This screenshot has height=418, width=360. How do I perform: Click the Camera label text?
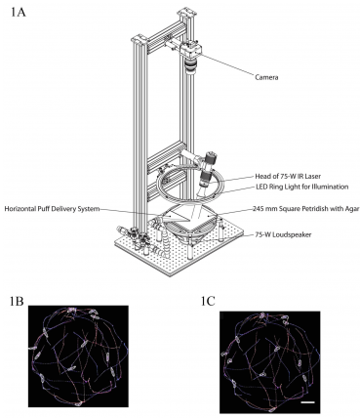point(266,77)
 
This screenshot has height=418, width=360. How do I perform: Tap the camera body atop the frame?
point(191,50)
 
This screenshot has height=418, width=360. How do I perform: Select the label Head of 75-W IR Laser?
point(288,177)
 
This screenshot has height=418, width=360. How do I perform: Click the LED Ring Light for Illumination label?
point(302,187)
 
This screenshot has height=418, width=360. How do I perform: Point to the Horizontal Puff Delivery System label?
point(52,209)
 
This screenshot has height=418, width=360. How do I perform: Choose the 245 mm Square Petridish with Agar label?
point(306,209)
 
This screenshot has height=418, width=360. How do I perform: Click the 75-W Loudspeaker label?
point(284,234)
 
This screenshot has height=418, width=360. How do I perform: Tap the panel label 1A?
point(18,12)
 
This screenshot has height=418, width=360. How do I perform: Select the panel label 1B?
point(17,301)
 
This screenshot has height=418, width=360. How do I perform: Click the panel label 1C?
point(208,302)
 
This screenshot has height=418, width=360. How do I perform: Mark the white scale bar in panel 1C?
point(307,402)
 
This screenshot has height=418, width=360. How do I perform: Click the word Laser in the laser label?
point(313,177)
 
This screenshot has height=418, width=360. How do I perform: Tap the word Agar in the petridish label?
point(352,209)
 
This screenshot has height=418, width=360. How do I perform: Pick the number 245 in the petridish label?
point(258,209)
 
